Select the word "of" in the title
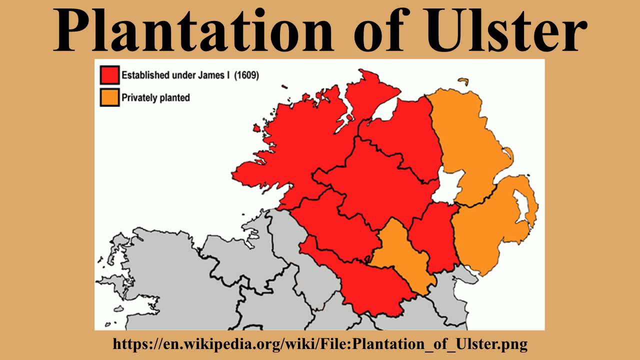click(375, 31)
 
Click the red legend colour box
click(109, 75)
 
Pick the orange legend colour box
click(109, 97)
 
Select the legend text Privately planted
click(155, 97)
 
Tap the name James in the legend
click(215, 75)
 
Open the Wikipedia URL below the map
click(320, 344)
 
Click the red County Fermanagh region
click(335, 225)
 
